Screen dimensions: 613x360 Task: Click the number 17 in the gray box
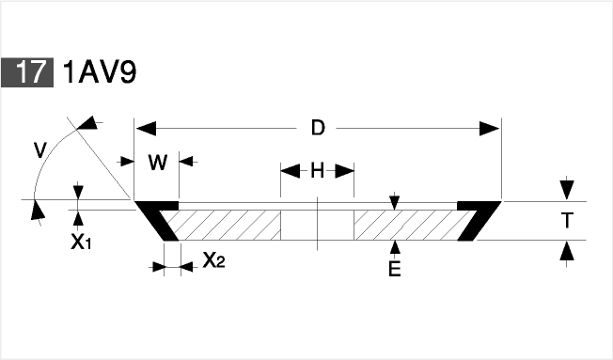(29, 72)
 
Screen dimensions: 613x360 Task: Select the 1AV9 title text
(100, 72)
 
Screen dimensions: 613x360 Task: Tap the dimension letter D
(318, 128)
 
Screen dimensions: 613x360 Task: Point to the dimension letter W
(158, 163)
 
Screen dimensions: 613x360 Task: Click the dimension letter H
(318, 171)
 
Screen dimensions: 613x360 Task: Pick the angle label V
(40, 150)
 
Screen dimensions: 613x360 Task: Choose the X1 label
(81, 243)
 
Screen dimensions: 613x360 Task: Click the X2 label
(213, 259)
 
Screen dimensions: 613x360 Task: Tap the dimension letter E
(395, 269)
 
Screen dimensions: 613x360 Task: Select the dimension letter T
(567, 221)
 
